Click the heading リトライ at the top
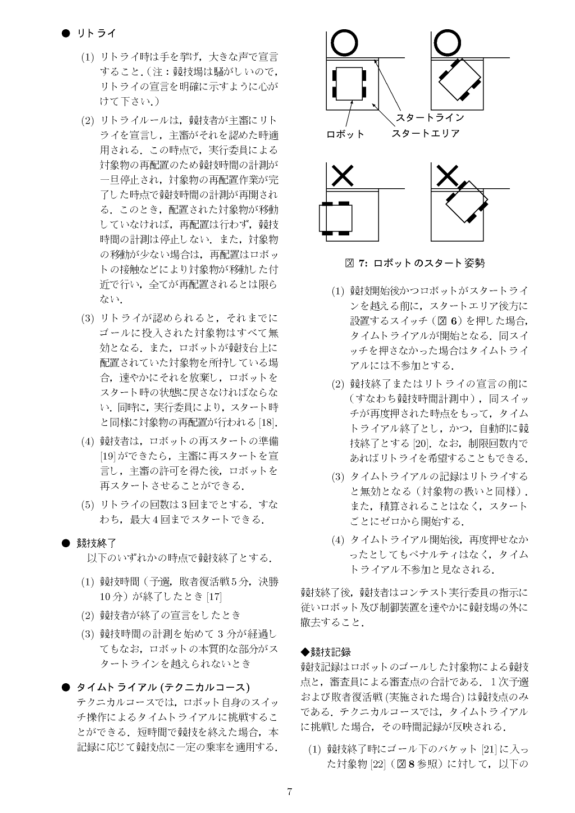click(x=96, y=34)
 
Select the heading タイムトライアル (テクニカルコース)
click(x=163, y=687)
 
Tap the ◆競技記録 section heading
click(x=326, y=652)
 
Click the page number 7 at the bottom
click(x=289, y=792)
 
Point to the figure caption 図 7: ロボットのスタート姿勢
click(x=415, y=262)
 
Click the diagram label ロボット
click(x=345, y=134)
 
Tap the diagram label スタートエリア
click(x=425, y=134)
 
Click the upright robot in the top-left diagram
click(x=349, y=84)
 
